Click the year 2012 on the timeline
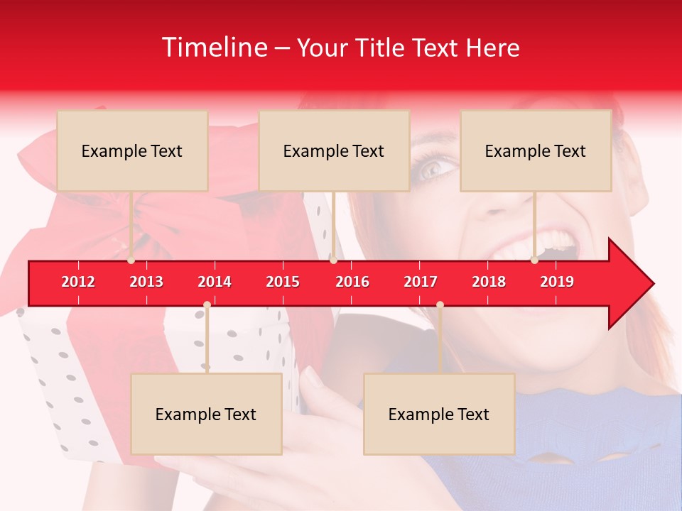click(x=78, y=282)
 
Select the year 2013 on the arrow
click(x=146, y=282)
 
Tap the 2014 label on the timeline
click(x=215, y=282)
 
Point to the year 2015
click(x=283, y=282)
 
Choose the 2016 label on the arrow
click(x=352, y=282)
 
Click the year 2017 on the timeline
click(x=421, y=282)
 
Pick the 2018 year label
click(x=489, y=282)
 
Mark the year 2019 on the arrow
click(x=557, y=282)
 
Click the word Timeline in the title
click(x=212, y=48)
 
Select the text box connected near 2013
click(x=132, y=150)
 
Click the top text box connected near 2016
click(x=334, y=150)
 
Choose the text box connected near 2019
click(x=536, y=150)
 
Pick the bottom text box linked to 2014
click(x=206, y=414)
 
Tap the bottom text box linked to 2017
click(x=439, y=414)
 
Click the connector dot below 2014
click(x=207, y=304)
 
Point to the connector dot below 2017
click(x=440, y=304)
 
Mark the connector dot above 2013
click(x=131, y=260)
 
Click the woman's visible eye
click(x=431, y=168)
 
